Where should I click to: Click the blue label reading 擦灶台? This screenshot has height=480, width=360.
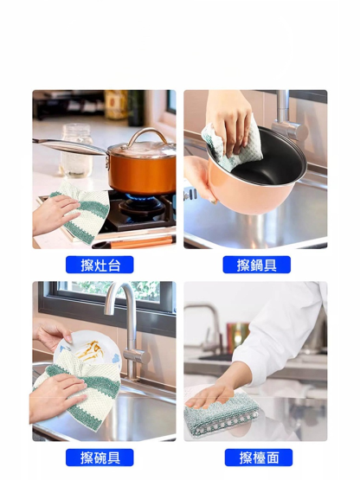(x=100, y=265)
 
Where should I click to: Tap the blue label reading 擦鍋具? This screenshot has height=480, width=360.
(x=256, y=265)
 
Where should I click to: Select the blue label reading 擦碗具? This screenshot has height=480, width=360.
(x=100, y=458)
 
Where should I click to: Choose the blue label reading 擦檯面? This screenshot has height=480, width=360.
(x=259, y=458)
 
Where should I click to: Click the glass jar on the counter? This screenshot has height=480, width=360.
(x=77, y=150)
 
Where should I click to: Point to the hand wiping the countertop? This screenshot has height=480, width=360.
(x=211, y=395)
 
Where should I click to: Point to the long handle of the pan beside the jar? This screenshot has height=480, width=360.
(x=70, y=146)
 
